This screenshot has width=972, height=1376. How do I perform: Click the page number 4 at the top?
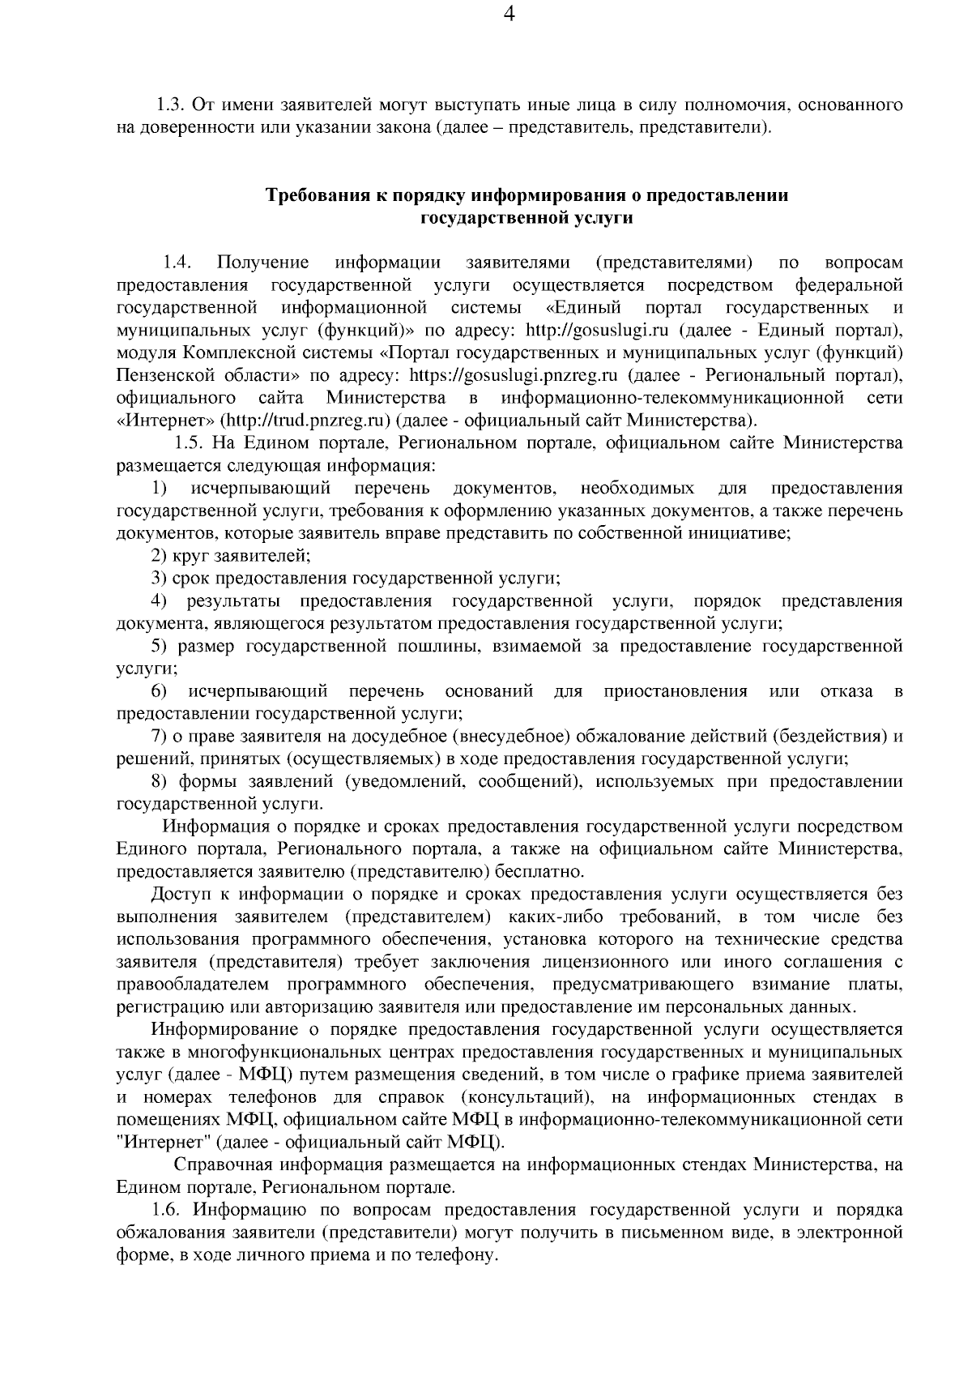[x=509, y=15]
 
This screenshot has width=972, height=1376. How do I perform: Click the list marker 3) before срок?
[x=159, y=579]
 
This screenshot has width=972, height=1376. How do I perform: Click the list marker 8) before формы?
[x=159, y=782]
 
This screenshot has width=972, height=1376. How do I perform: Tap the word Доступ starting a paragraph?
[x=179, y=895]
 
